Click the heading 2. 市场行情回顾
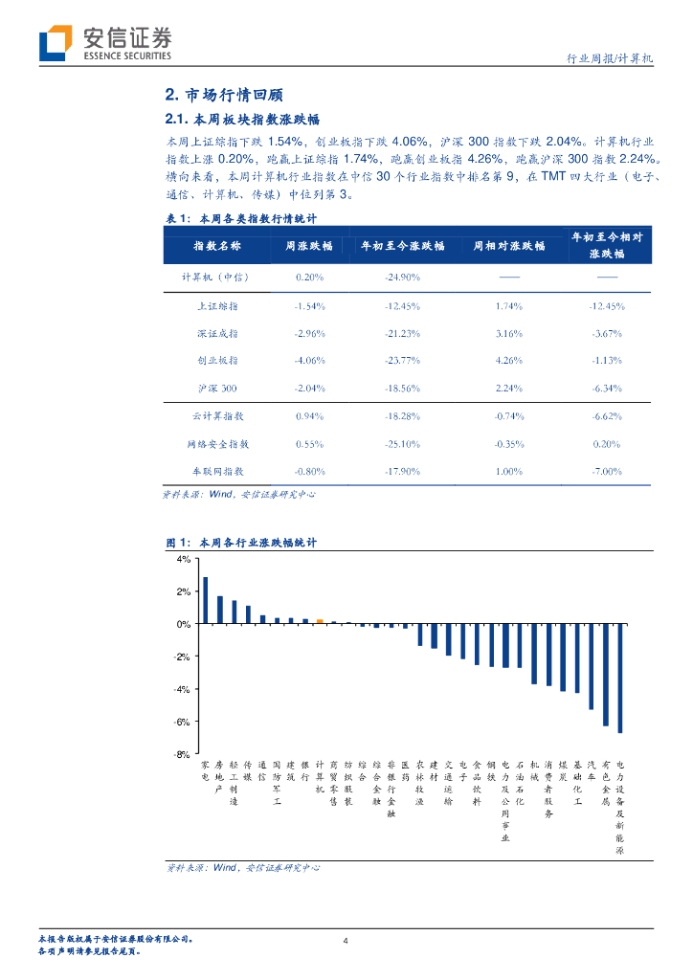click(224, 96)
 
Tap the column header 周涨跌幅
click(308, 246)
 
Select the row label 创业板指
click(217, 361)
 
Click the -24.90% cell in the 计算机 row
click(402, 278)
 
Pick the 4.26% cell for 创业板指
click(508, 361)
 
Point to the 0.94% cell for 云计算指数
click(310, 417)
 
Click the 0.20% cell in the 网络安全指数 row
click(607, 445)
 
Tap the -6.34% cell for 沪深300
click(607, 389)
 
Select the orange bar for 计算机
click(320, 621)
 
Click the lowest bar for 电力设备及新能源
click(620, 679)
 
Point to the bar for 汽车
click(592, 666)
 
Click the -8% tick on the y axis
click(183, 754)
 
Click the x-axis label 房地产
click(219, 776)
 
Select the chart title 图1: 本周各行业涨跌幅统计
click(241, 543)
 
